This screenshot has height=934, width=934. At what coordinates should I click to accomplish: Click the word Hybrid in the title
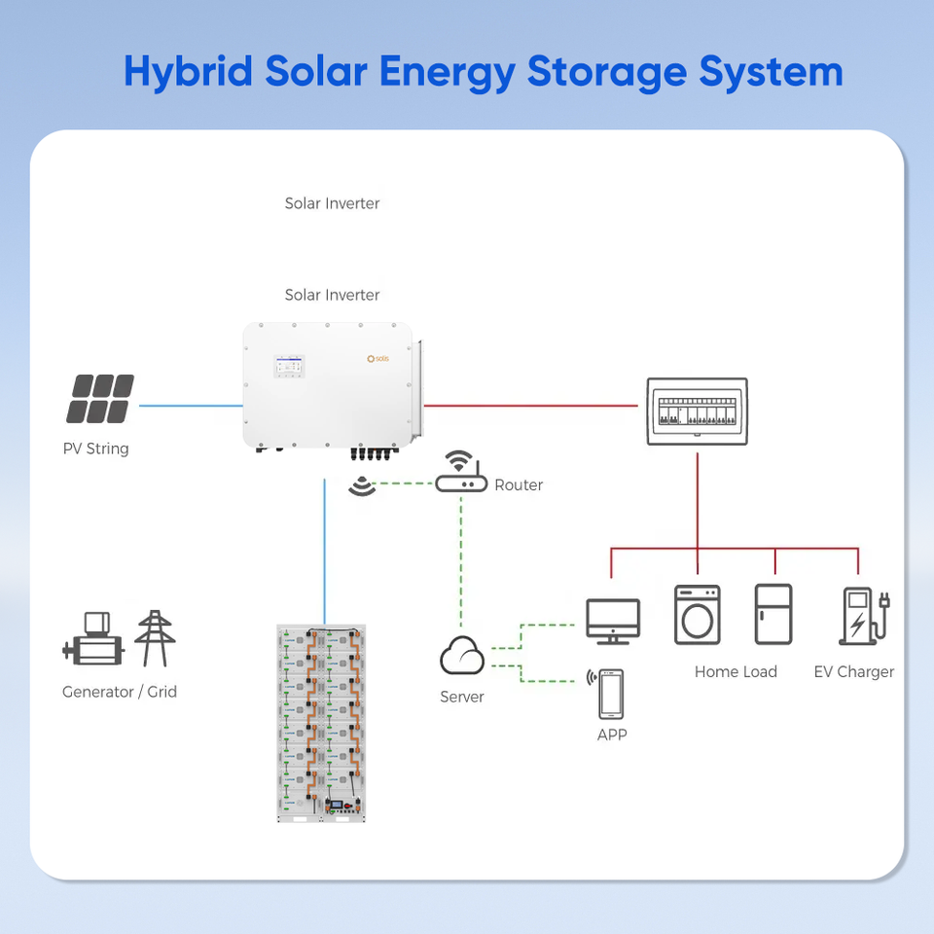(x=188, y=73)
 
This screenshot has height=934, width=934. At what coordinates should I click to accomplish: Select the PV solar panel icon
(x=100, y=399)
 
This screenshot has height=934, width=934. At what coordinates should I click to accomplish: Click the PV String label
(x=96, y=449)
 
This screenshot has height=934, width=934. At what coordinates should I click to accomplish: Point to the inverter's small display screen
(x=290, y=366)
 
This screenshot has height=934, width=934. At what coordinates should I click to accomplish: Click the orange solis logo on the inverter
(x=378, y=359)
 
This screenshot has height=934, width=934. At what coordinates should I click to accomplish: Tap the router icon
(x=461, y=472)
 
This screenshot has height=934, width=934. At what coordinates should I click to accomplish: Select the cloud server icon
(x=462, y=655)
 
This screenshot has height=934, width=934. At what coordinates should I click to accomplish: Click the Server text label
(x=461, y=697)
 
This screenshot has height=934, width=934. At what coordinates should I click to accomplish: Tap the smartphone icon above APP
(x=611, y=694)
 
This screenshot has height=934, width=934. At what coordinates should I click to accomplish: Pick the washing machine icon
(x=698, y=615)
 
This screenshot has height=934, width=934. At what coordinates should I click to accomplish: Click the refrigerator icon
(x=773, y=614)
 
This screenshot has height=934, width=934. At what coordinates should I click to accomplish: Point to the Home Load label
(x=736, y=672)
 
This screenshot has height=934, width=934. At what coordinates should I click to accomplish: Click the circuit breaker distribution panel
(x=698, y=411)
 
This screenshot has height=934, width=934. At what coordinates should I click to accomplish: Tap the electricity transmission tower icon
(x=155, y=638)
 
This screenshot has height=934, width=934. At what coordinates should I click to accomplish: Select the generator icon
(x=93, y=638)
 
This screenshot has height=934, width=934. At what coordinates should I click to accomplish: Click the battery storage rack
(x=321, y=723)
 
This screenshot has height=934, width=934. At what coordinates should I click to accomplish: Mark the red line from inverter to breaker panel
(x=531, y=406)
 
